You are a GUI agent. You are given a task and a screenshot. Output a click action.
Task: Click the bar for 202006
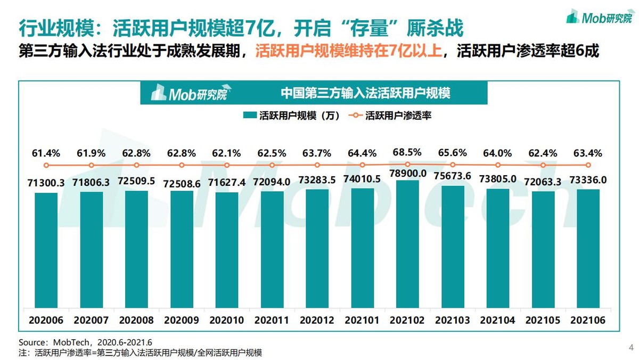click(x=46, y=250)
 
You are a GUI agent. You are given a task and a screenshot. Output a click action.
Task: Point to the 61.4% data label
click(x=46, y=153)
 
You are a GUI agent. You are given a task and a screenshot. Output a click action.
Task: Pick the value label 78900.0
click(x=407, y=174)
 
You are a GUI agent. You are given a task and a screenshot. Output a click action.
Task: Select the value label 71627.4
click(x=227, y=183)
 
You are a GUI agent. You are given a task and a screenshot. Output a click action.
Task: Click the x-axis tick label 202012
click(x=317, y=321)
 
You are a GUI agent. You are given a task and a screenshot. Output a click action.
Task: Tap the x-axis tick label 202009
click(x=182, y=321)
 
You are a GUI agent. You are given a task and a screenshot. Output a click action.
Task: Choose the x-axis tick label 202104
click(x=498, y=321)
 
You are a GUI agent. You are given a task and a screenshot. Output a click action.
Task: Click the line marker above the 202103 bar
click(x=453, y=165)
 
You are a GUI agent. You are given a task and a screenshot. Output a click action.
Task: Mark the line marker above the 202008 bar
click(x=136, y=166)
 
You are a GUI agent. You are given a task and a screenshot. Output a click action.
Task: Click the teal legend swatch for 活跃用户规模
click(x=249, y=116)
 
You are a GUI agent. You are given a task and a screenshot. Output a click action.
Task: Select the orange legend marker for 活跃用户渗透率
click(x=356, y=116)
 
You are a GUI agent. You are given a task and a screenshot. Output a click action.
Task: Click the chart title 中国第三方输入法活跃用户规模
click(x=365, y=93)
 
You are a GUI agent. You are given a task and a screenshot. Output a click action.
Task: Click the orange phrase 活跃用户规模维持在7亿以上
click(x=348, y=52)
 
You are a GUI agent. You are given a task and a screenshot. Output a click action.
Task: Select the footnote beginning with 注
click(x=141, y=352)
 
